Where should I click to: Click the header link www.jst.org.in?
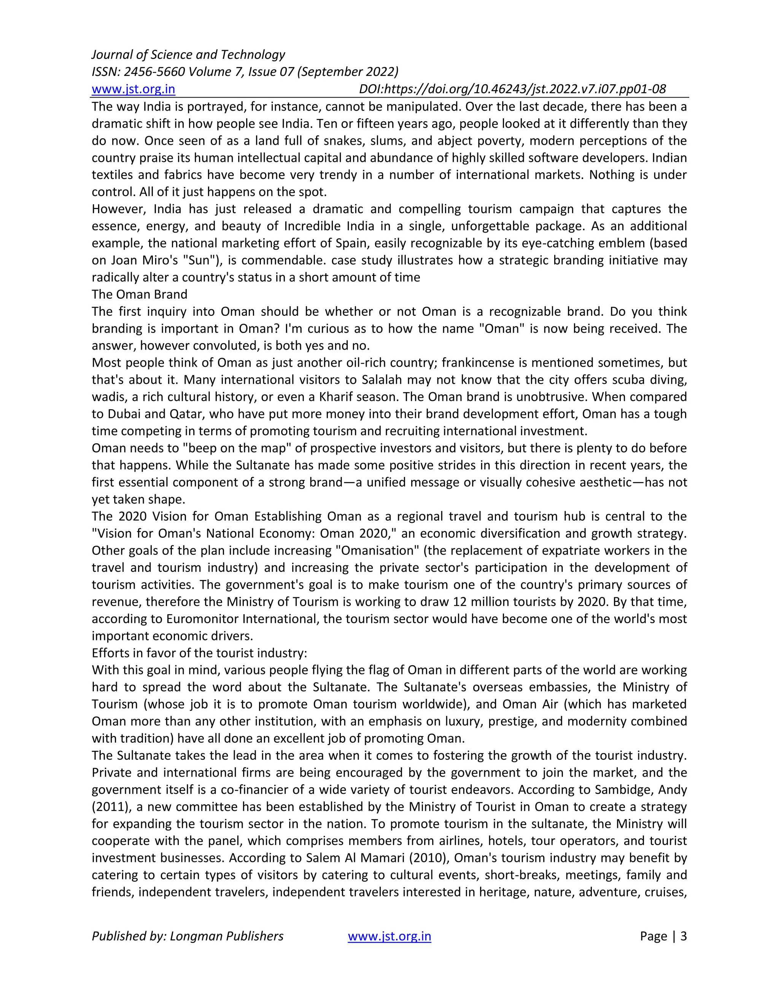(134, 89)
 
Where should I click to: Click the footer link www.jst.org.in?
(389, 936)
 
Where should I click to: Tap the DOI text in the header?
(512, 89)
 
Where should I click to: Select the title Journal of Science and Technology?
(188, 55)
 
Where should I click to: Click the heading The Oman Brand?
(139, 294)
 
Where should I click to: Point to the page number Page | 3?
(663, 936)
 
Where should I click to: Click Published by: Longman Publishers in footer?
(188, 936)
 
